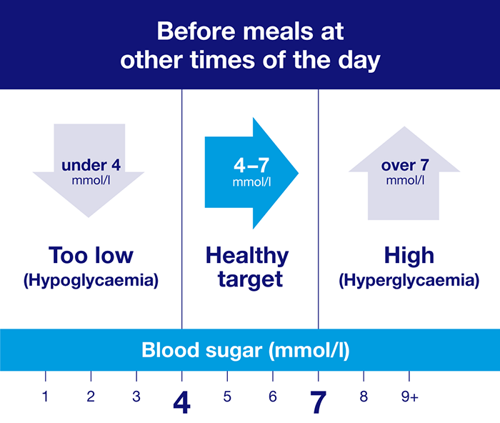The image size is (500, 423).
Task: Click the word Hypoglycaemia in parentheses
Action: pyautogui.click(x=91, y=281)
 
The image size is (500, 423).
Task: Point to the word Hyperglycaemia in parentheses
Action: pyautogui.click(x=409, y=281)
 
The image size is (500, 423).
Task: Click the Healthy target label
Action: pyautogui.click(x=247, y=267)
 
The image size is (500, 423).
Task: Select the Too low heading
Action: pyautogui.click(x=91, y=255)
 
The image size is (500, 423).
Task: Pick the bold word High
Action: pyautogui.click(x=409, y=255)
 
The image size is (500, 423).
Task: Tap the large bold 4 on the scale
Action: pyautogui.click(x=181, y=404)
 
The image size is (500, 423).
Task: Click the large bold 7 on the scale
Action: pyautogui.click(x=319, y=404)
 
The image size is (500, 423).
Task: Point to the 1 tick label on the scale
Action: pyautogui.click(x=45, y=398)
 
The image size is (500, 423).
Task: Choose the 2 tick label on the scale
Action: pyautogui.click(x=91, y=398)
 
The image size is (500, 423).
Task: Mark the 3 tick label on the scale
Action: pyautogui.click(x=136, y=398)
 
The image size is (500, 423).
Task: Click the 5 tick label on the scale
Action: pyautogui.click(x=227, y=398)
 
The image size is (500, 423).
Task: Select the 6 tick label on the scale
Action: pyautogui.click(x=272, y=398)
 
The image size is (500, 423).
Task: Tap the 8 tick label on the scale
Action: pyautogui.click(x=364, y=398)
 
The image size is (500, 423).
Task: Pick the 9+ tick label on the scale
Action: pyautogui.click(x=409, y=398)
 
